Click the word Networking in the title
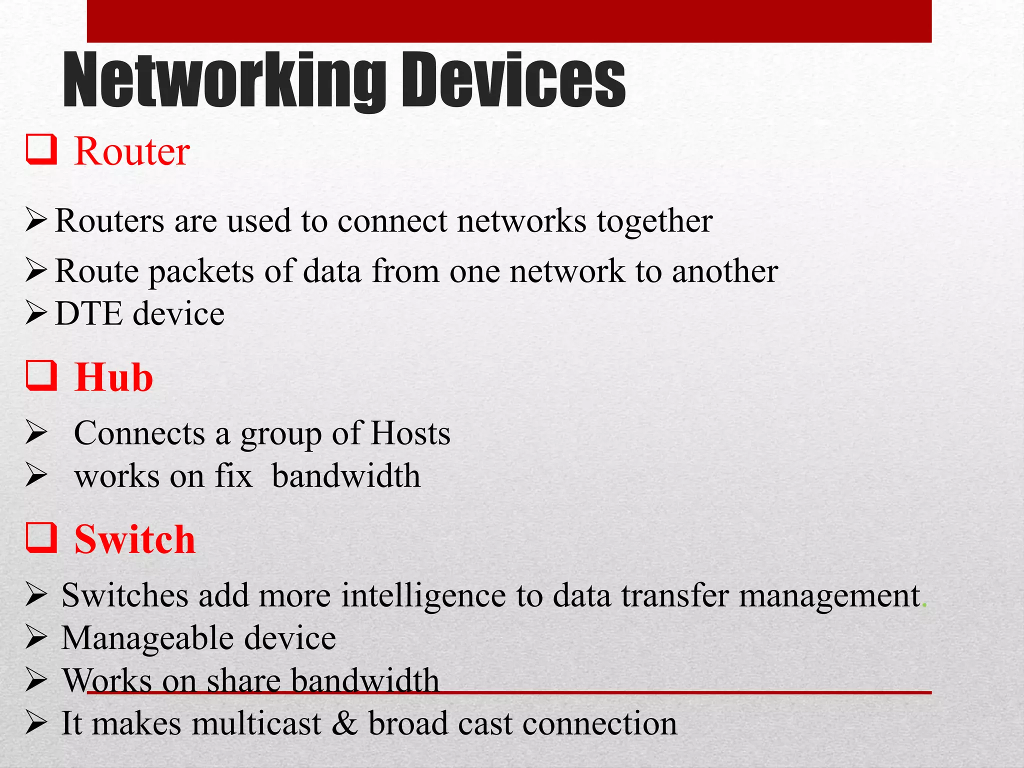point(224,81)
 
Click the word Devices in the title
point(511,81)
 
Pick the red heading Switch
point(134,540)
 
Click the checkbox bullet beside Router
point(41,150)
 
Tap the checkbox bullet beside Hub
point(41,376)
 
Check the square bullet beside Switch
point(41,538)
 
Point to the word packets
point(201,271)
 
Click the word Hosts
point(410,433)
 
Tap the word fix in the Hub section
point(233,476)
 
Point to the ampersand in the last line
point(344,723)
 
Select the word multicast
point(256,723)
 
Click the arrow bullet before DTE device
point(36,313)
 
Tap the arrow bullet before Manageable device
point(36,638)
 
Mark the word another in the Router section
point(724,271)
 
